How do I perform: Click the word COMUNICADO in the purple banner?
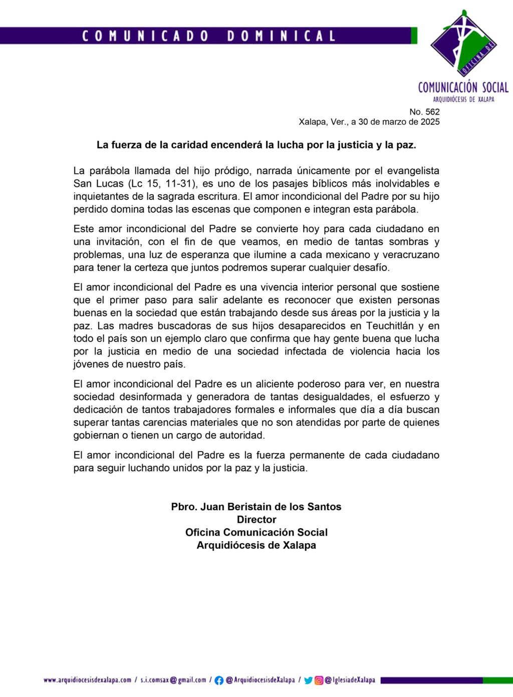[145, 36]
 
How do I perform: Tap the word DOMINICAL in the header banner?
[281, 36]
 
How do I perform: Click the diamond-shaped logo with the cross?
[464, 44]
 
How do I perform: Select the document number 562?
[431, 112]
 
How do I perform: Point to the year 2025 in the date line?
[430, 122]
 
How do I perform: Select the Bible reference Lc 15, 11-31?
[165, 184]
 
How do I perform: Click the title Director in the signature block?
[256, 520]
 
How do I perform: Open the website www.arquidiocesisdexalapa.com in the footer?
[87, 680]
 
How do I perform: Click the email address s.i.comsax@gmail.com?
[173, 680]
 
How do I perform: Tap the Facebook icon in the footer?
[219, 680]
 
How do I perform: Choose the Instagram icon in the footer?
[319, 680]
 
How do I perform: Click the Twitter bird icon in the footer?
[309, 680]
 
